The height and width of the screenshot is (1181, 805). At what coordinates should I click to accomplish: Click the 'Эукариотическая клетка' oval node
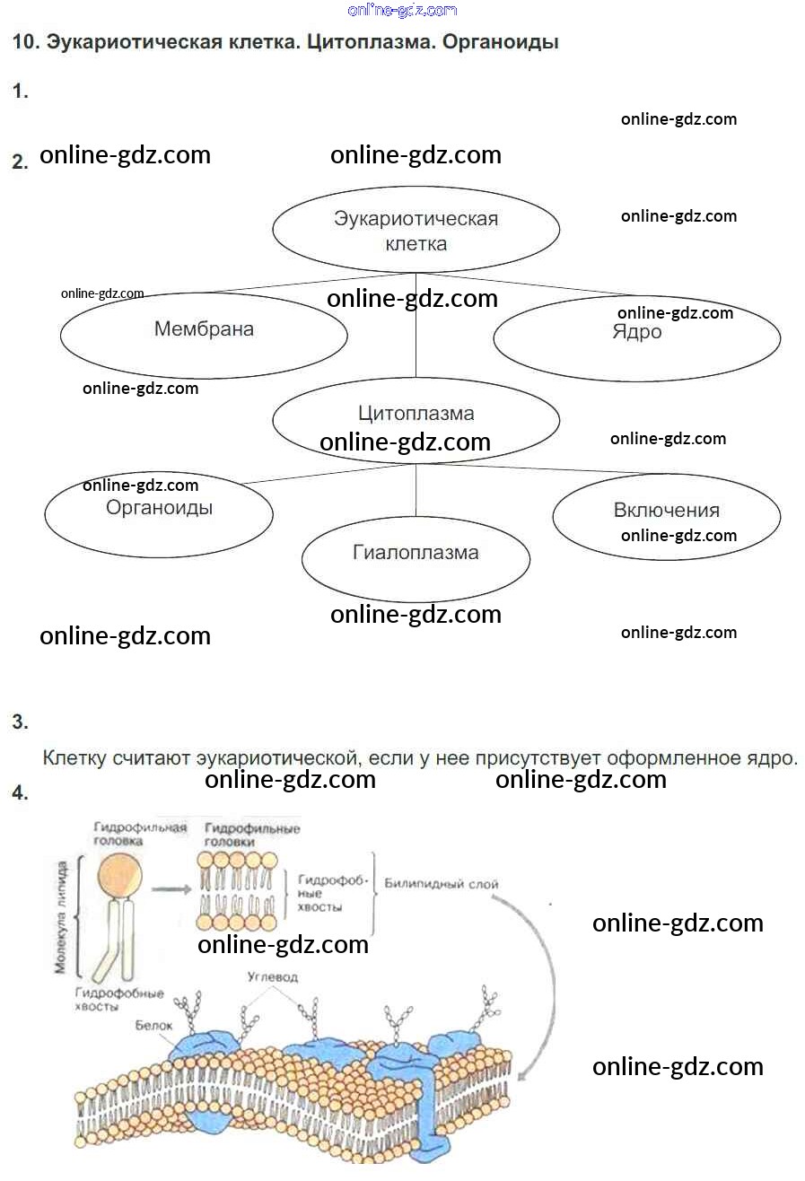coord(416,230)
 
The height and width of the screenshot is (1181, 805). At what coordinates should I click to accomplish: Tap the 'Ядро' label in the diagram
coord(637,333)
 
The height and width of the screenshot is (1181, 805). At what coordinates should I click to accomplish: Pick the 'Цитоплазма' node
coord(416,415)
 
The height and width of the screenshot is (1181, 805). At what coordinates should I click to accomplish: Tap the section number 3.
coord(20,722)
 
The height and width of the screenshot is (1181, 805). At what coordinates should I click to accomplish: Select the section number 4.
coord(20,792)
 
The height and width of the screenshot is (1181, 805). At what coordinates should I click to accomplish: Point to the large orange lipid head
coord(120,872)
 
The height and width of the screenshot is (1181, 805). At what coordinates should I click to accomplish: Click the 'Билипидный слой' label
coord(441,884)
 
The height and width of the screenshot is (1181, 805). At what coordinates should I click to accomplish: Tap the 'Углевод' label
coord(272,976)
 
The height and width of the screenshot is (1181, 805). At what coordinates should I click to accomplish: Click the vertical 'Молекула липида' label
coord(61,919)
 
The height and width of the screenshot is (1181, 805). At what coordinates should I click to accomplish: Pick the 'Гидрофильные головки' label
coord(252,835)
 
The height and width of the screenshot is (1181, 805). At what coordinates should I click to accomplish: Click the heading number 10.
coord(23,42)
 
